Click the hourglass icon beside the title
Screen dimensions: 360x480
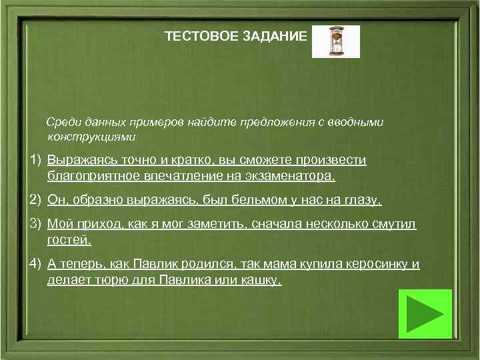pos(335,41)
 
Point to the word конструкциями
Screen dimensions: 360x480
pos(91,137)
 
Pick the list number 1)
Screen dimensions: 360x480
pos(35,161)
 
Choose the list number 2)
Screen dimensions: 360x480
pos(35,200)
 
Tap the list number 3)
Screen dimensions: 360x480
pos(35,224)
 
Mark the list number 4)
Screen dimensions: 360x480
pos(35,264)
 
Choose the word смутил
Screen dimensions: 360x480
pos(397,225)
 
